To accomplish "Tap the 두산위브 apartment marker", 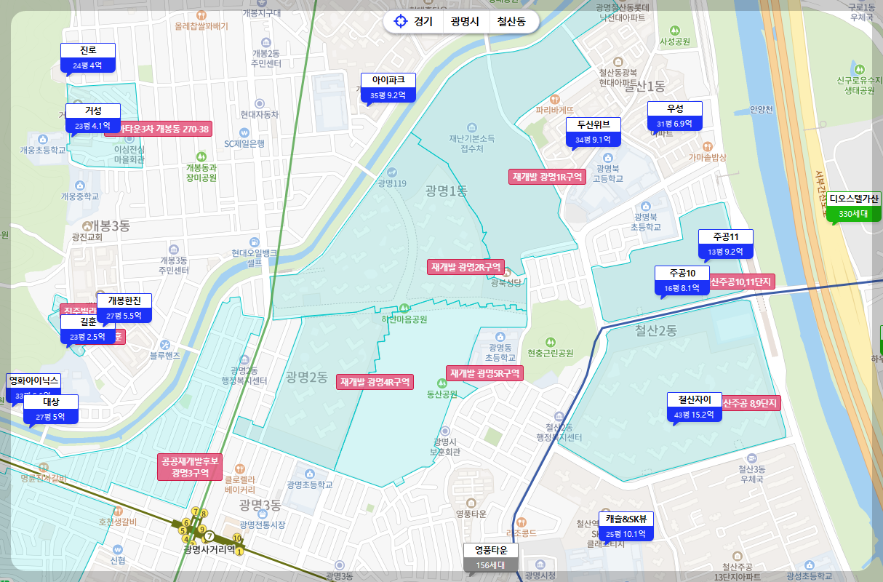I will point(593,132).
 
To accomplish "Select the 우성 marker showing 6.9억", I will point(675,116).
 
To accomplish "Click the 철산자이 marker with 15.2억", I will point(695,407).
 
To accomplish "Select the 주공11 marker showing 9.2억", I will point(725,244).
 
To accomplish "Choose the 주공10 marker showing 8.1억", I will point(682,281).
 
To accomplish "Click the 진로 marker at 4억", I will point(88,58).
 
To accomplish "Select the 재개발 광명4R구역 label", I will point(375,382).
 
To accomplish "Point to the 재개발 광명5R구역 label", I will point(484,374).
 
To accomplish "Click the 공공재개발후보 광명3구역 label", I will point(190,467).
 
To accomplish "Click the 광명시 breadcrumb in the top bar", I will point(465,21).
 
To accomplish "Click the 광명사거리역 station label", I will point(209,549).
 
